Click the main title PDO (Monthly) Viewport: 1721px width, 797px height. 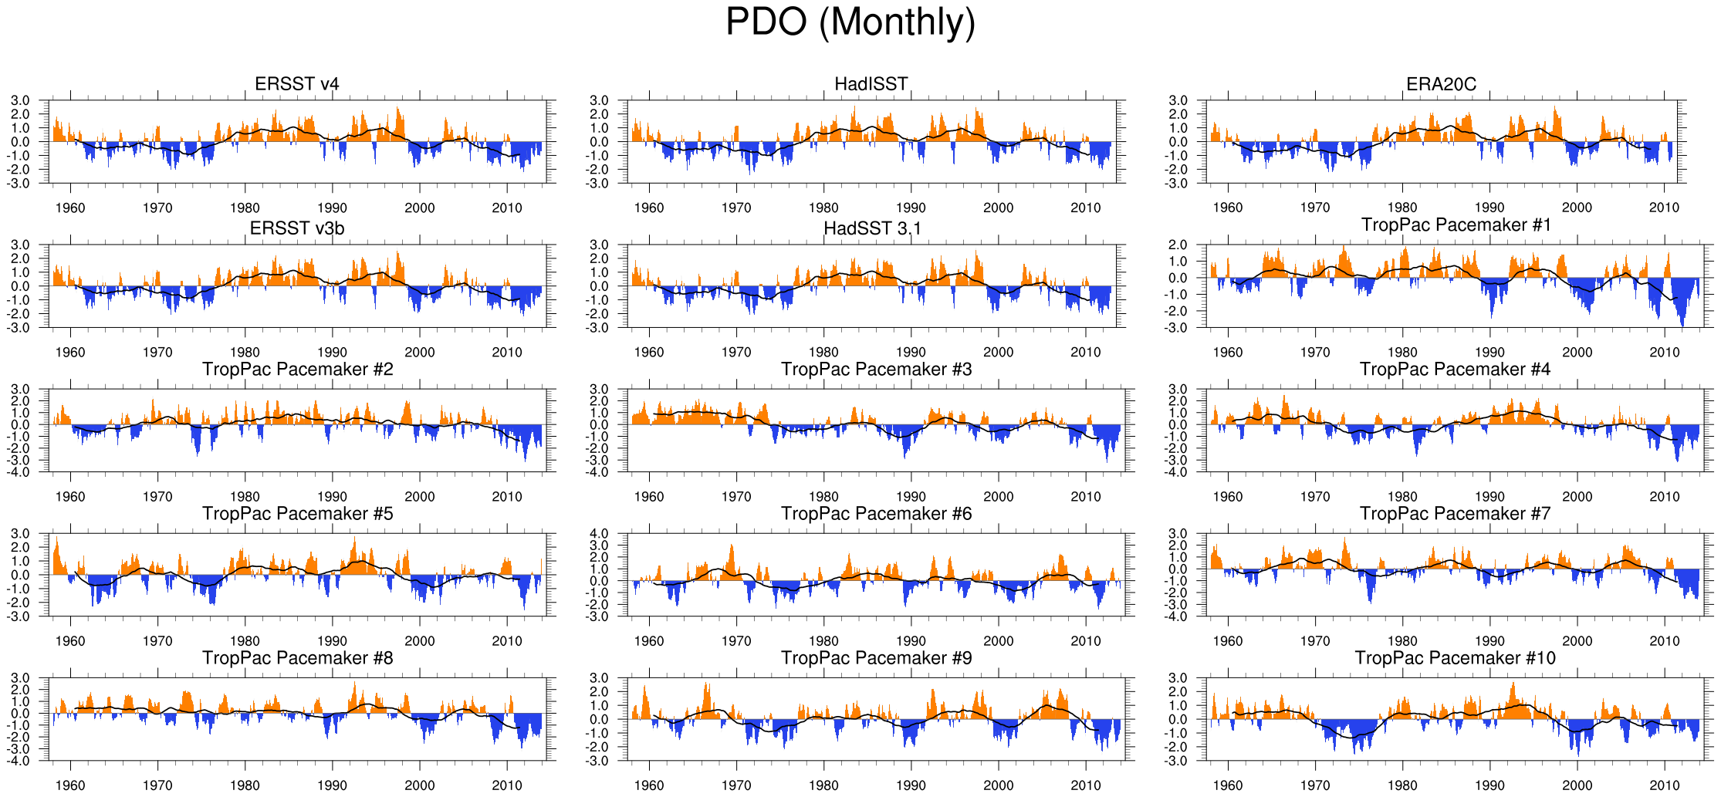pyautogui.click(x=850, y=22)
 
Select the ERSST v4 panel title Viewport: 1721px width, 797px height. pyautogui.click(x=297, y=84)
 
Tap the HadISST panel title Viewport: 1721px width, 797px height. pyautogui.click(x=871, y=84)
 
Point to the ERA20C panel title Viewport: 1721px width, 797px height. pyautogui.click(x=1441, y=84)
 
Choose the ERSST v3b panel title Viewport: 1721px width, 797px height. pyautogui.click(x=297, y=228)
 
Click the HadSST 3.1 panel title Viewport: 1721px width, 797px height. pyautogui.click(x=872, y=228)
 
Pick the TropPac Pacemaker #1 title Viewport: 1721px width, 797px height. pyautogui.click(x=1456, y=225)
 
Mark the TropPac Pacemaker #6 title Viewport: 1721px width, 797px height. pyautogui.click(x=876, y=513)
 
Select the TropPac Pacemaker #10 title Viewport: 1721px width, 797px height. pyautogui.click(x=1455, y=657)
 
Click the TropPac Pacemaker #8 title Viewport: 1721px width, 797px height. pyautogui.click(x=297, y=657)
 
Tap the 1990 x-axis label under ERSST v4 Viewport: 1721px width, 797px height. pyautogui.click(x=332, y=208)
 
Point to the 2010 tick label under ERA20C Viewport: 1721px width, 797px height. pyautogui.click(x=1664, y=208)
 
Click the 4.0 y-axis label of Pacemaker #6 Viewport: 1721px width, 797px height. pyautogui.click(x=599, y=534)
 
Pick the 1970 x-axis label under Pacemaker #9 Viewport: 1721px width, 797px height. pyautogui.click(x=735, y=785)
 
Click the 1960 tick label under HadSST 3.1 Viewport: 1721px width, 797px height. pyautogui.click(x=648, y=352)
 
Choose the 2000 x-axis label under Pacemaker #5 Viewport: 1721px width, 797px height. pyautogui.click(x=419, y=641)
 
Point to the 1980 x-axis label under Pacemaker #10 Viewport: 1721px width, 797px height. pyautogui.click(x=1401, y=785)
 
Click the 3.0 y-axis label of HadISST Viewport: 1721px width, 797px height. pyautogui.click(x=599, y=100)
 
